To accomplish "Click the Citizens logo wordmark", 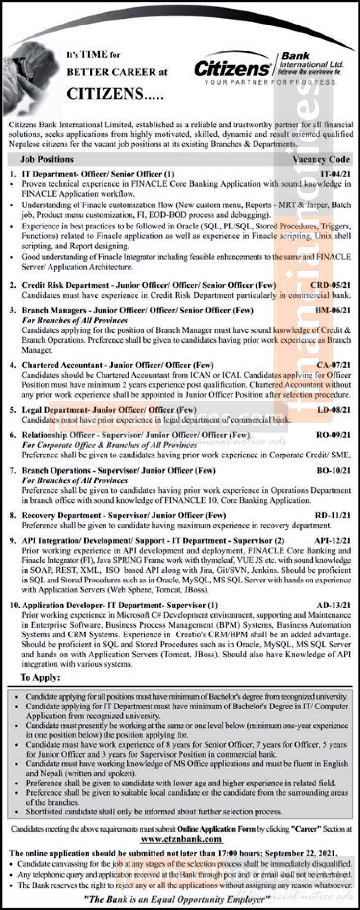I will [x=232, y=68].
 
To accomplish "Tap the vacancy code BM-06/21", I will [x=334, y=310].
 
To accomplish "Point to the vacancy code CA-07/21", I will [x=334, y=365].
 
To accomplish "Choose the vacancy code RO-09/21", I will [x=334, y=435].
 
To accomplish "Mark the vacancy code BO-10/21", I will [x=334, y=470].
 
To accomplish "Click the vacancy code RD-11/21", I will [x=334, y=515].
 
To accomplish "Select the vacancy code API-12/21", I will [x=332, y=541].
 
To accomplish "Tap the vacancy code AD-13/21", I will [x=334, y=605].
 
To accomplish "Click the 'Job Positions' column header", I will [x=47, y=159].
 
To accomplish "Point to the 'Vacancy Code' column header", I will [x=321, y=159].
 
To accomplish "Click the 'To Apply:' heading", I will [x=40, y=678].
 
